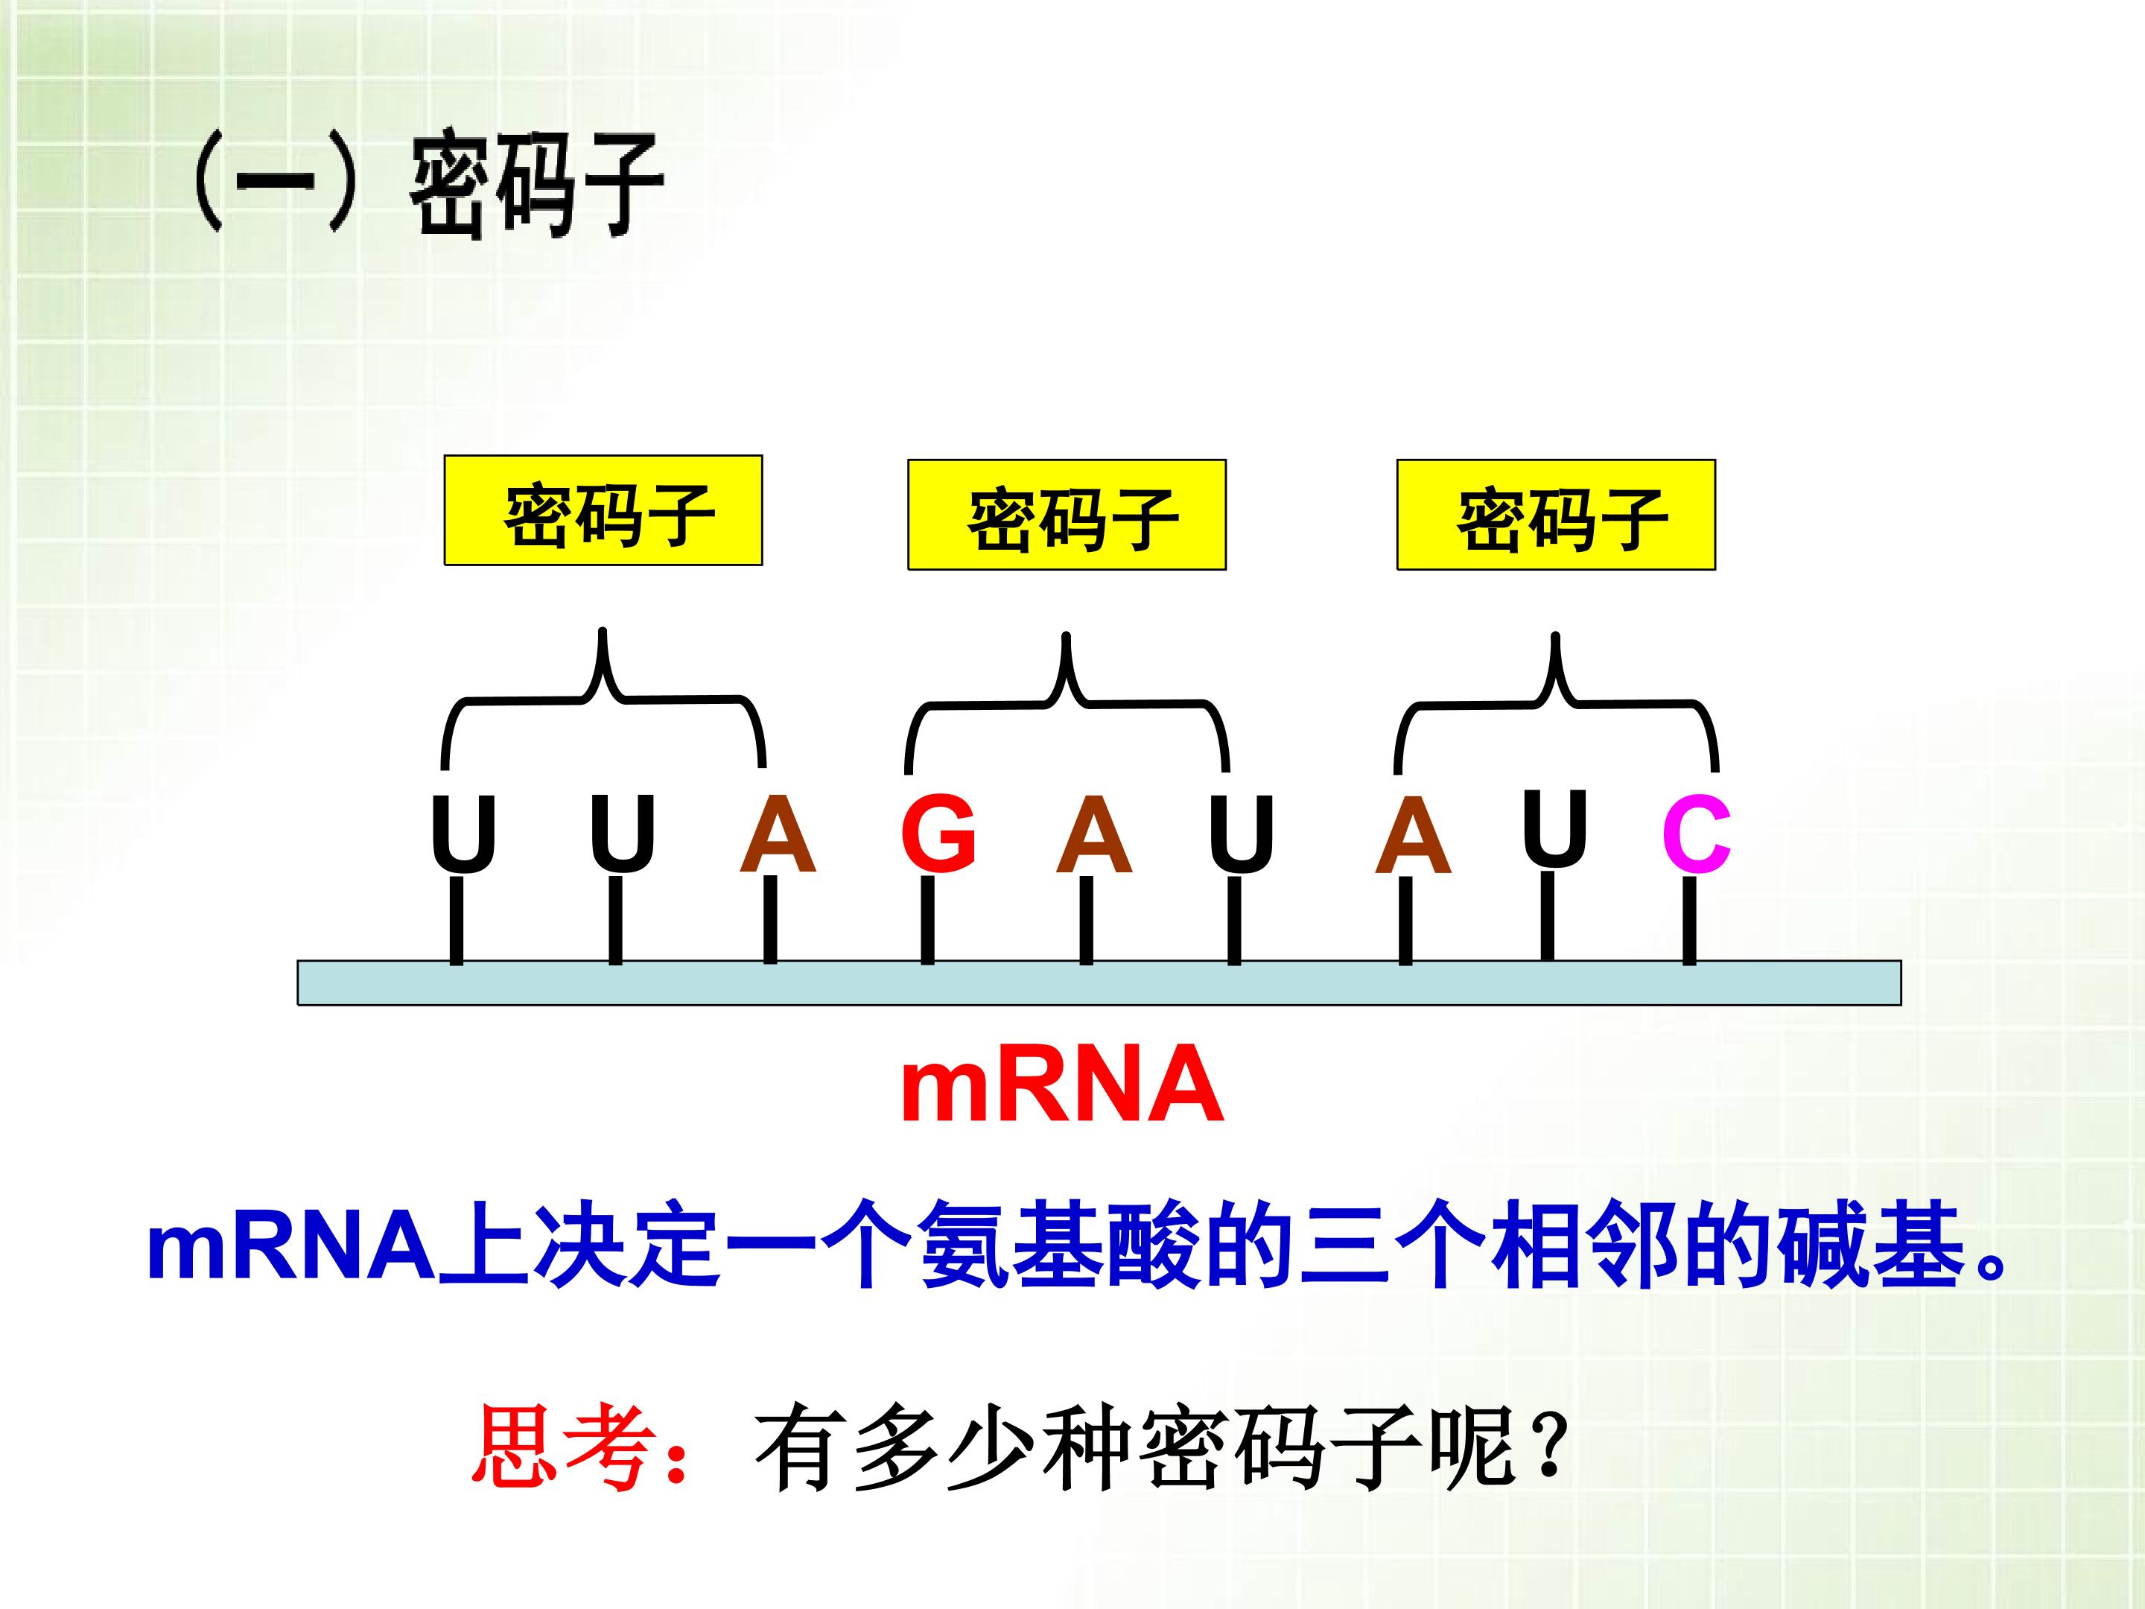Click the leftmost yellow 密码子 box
coord(603,510)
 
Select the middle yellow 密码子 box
coord(1067,515)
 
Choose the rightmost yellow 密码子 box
coord(1555,515)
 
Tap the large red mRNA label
coord(1062,1085)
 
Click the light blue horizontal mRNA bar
coord(1099,983)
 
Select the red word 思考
coord(562,1448)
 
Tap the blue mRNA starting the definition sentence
coord(291,1247)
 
